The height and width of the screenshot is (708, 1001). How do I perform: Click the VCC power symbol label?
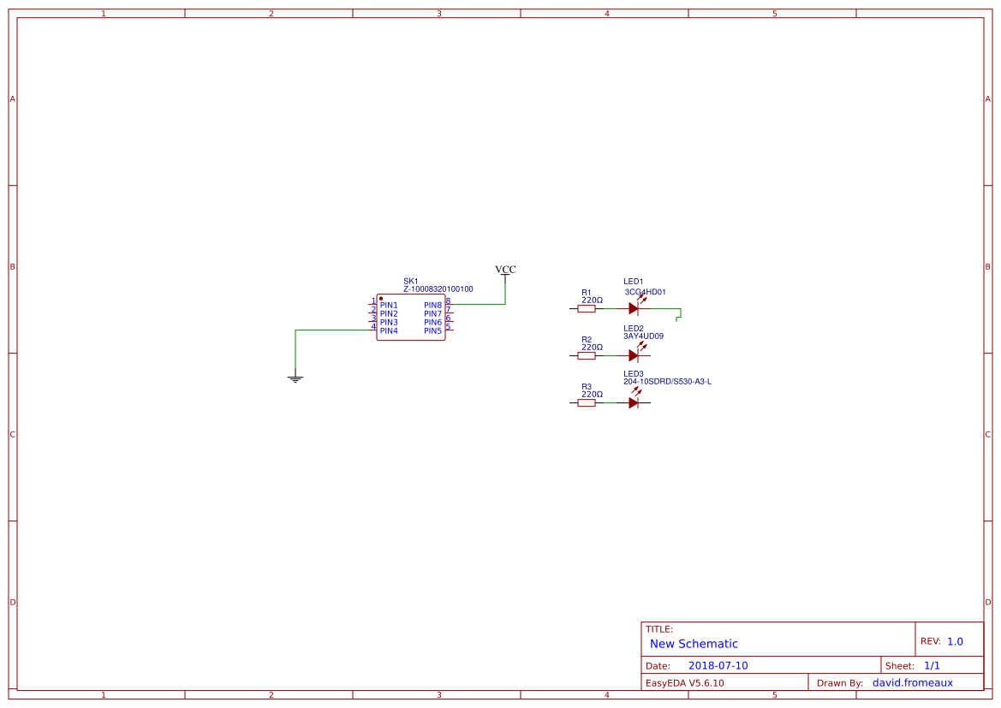505,270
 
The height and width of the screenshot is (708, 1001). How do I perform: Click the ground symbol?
295,377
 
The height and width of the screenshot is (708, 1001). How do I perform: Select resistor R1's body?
587,308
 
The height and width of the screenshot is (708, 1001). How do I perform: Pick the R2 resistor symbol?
587,355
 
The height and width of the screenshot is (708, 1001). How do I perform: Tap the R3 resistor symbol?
587,402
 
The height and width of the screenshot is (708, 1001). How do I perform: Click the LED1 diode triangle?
633,308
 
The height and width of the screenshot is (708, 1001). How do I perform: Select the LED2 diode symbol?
633,355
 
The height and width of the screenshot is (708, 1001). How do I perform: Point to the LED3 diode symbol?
633,402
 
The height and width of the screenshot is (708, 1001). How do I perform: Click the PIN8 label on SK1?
432,305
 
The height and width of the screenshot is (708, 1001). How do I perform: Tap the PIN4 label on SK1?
389,330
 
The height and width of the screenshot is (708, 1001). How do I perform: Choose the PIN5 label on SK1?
432,330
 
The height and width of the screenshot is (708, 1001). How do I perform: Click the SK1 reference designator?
411,281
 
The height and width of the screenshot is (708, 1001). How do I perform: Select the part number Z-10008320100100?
438,289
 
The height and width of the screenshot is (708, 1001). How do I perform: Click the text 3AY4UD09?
643,336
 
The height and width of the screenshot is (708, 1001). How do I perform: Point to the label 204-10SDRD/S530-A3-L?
667,382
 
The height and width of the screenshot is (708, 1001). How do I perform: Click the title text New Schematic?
694,644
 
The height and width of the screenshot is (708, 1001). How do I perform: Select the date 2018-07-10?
718,665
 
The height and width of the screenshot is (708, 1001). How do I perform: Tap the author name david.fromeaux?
912,682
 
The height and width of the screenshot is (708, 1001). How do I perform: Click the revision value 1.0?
955,641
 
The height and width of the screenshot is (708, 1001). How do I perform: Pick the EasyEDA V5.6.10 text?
684,682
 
